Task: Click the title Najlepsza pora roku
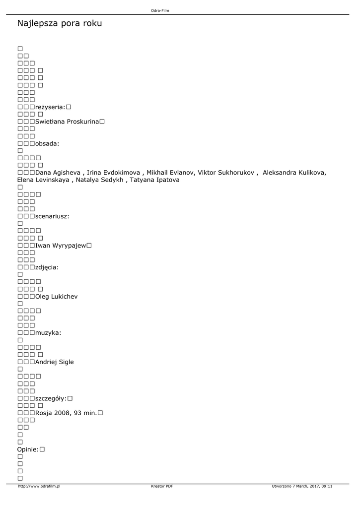(60, 23)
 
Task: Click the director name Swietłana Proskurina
(67, 122)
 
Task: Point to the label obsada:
(47, 143)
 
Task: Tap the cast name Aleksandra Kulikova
(294, 173)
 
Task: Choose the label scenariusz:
(52, 216)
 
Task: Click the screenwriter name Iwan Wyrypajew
(62, 246)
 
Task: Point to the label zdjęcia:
(47, 267)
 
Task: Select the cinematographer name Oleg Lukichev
(57, 297)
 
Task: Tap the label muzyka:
(48, 332)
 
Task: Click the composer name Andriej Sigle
(55, 362)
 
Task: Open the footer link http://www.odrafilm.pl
(39, 486)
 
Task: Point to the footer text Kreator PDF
(162, 486)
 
